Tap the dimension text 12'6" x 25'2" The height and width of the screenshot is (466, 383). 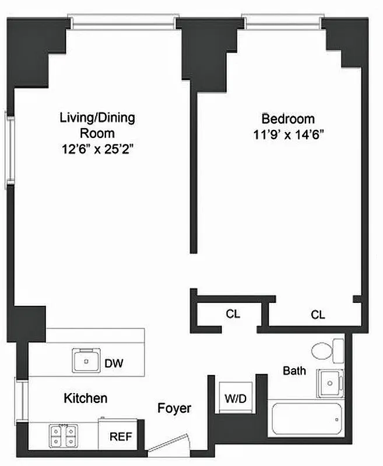click(97, 150)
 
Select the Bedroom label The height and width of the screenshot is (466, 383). click(287, 119)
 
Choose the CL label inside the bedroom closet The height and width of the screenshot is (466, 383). click(317, 315)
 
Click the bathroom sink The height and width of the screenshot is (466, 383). click(330, 382)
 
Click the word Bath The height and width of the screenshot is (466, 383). click(294, 370)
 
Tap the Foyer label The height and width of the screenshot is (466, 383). click(174, 408)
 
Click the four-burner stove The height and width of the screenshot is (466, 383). click(64, 436)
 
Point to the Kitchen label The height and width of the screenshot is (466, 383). click(85, 398)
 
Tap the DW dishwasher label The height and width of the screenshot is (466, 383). click(113, 363)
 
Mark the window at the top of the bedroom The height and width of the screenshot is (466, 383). click(282, 22)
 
